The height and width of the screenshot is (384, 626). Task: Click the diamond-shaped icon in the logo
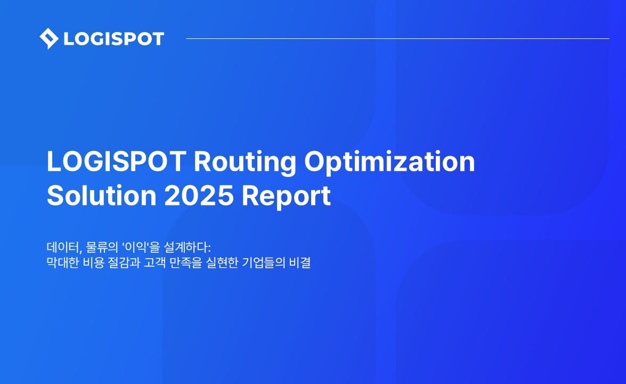(x=49, y=39)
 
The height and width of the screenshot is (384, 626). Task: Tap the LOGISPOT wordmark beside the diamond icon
(x=114, y=39)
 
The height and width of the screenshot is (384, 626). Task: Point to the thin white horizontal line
(x=397, y=39)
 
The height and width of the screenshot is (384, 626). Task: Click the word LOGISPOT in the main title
(x=116, y=161)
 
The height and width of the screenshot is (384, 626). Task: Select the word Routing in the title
(x=245, y=163)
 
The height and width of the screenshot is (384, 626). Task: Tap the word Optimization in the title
(x=389, y=163)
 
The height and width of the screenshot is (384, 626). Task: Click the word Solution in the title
(x=101, y=195)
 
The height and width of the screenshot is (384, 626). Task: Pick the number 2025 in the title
(x=199, y=195)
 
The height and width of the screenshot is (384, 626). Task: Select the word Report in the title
(x=286, y=197)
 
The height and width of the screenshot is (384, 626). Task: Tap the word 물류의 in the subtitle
(x=102, y=247)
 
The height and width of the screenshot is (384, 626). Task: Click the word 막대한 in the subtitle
(x=63, y=263)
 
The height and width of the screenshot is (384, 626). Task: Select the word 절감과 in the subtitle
(x=124, y=263)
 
